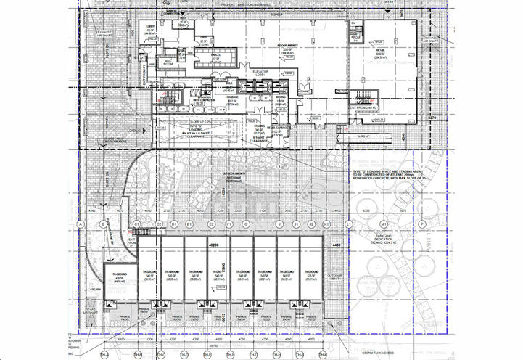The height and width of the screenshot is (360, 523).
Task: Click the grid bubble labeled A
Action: coord(81,225)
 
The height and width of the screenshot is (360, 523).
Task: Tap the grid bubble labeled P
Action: coord(422,225)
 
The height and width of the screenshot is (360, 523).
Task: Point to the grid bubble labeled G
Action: coord(247,225)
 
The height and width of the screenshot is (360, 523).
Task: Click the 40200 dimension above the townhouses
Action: coord(214,245)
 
